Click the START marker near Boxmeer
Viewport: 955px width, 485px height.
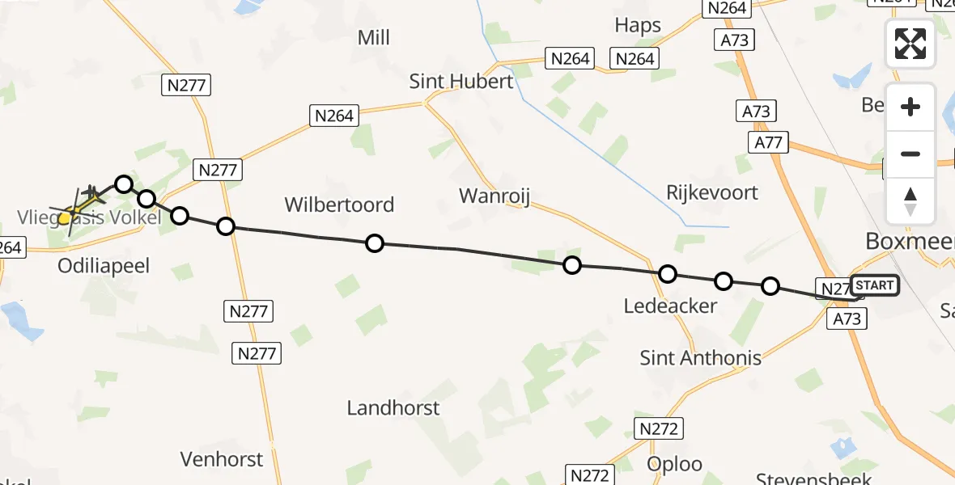875,285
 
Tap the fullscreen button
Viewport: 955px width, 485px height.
910,43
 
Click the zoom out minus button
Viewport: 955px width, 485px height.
910,154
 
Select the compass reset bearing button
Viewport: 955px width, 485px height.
910,201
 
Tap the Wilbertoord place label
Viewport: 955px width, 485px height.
339,205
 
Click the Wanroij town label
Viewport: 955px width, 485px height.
494,196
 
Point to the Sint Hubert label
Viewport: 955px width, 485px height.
461,82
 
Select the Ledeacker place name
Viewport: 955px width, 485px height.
670,306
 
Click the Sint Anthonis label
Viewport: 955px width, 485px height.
700,357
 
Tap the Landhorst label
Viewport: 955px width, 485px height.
393,408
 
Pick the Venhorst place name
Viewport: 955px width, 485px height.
222,459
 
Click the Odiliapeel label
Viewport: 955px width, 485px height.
104,266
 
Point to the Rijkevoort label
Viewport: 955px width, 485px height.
712,192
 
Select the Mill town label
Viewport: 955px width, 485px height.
373,37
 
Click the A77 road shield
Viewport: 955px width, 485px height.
767,142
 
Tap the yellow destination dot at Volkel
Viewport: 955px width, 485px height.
64,217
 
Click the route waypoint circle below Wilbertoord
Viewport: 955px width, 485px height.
375,242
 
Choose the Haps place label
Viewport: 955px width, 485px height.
638,25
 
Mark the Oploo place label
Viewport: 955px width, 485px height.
675,464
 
